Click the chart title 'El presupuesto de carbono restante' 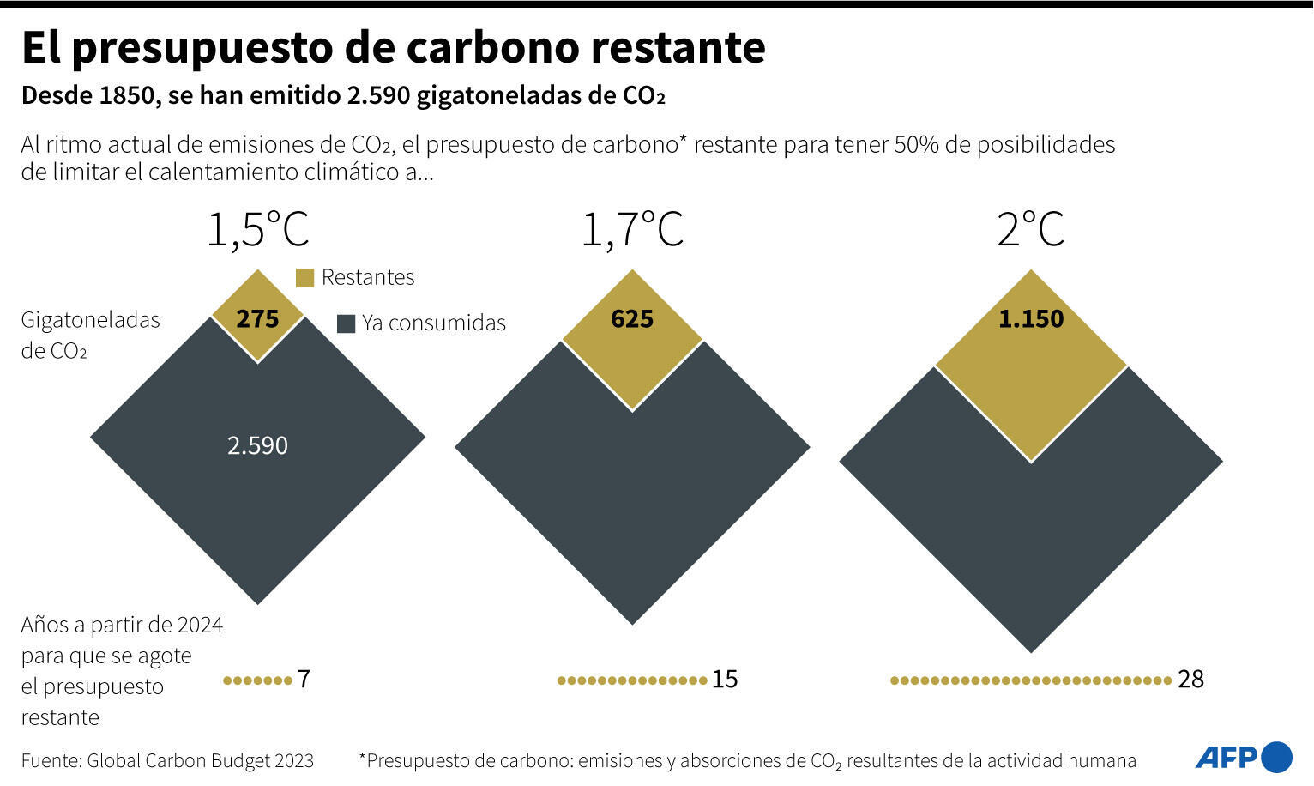click(393, 48)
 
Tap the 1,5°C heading click(257, 230)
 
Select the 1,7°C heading click(632, 230)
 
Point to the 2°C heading click(1030, 230)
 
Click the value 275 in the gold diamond click(257, 319)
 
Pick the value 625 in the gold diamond click(632, 319)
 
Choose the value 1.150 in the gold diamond click(1030, 319)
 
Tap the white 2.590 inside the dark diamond click(257, 445)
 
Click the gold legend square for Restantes click(304, 278)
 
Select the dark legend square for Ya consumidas click(346, 323)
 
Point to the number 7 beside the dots click(304, 680)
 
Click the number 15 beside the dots click(725, 680)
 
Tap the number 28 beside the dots click(1190, 680)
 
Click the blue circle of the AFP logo click(1277, 757)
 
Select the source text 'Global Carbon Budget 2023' click(200, 760)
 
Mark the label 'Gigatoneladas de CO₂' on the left click(90, 335)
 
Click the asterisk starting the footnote click(363, 758)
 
